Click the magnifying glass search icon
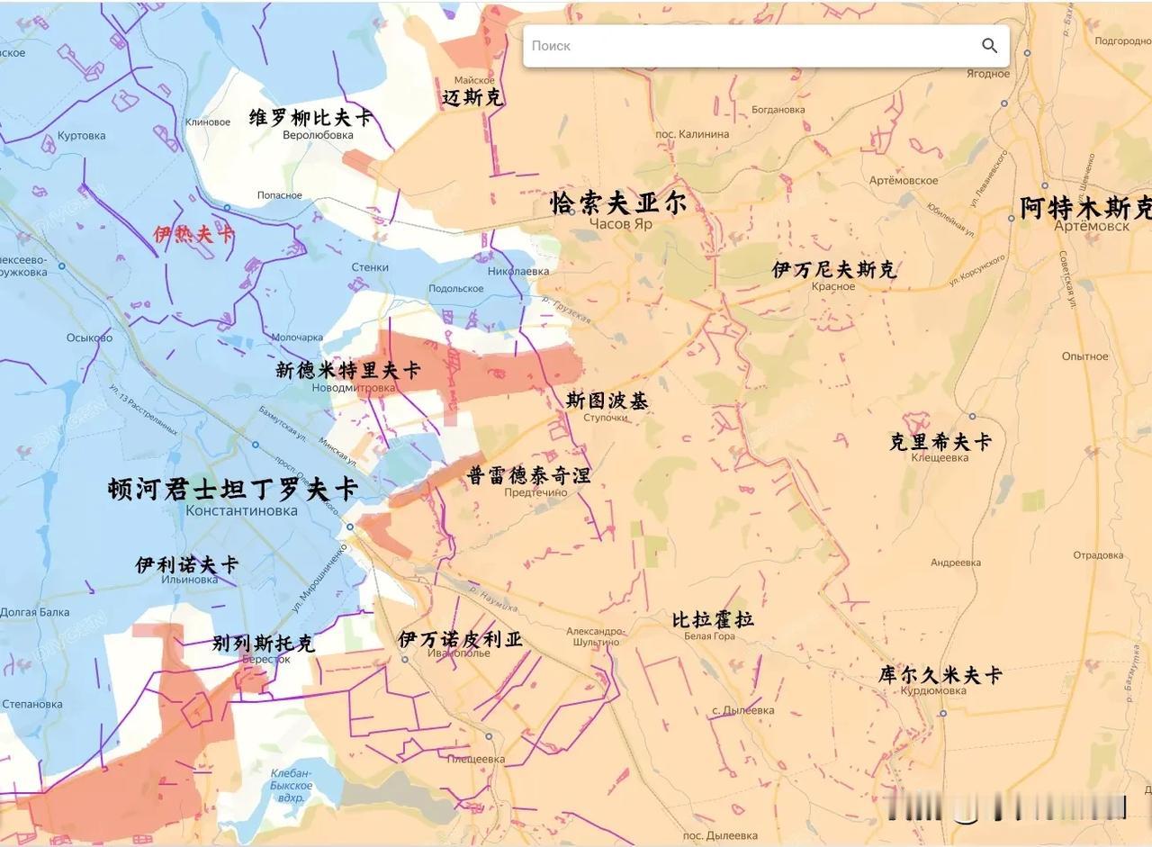tap(989, 46)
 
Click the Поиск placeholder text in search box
tap(551, 46)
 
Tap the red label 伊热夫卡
tap(193, 235)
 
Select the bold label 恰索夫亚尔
tap(618, 203)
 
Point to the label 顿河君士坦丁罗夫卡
tap(233, 489)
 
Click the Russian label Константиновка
tap(241, 510)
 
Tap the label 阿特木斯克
tap(1084, 208)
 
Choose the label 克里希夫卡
tap(940, 441)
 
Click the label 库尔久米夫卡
tap(940, 675)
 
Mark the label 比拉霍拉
tap(713, 619)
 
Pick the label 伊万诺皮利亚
tap(460, 639)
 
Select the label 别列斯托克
tap(264, 644)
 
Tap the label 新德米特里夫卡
tap(348, 370)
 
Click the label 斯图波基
tap(607, 401)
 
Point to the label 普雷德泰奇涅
tap(529, 475)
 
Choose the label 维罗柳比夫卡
tap(310, 118)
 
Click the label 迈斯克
tap(472, 97)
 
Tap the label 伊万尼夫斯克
tap(834, 269)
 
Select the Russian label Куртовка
tap(81, 136)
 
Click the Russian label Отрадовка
tap(1097, 555)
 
